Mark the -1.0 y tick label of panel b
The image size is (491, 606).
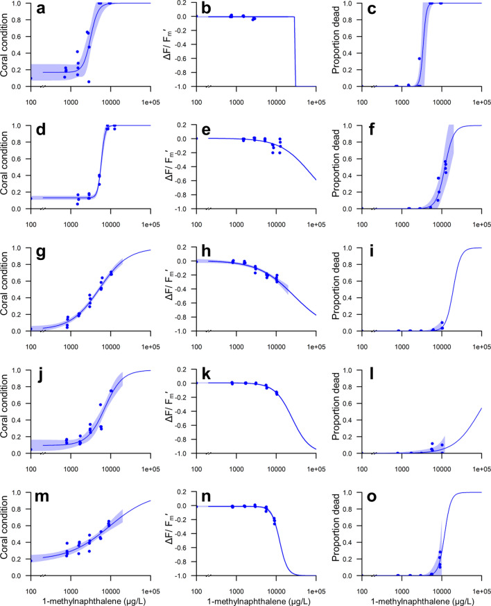pos(182,87)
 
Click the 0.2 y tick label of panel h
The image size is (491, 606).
pos(183,248)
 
